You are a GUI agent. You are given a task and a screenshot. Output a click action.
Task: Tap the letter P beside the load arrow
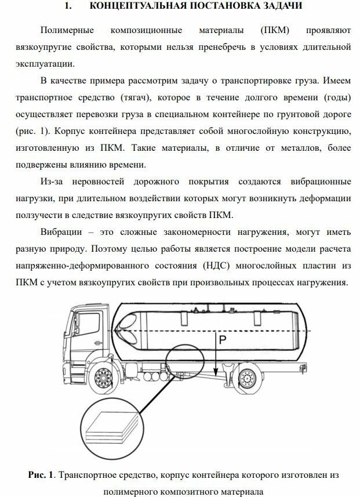222,340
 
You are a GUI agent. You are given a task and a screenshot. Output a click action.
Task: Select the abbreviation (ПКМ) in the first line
274,30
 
